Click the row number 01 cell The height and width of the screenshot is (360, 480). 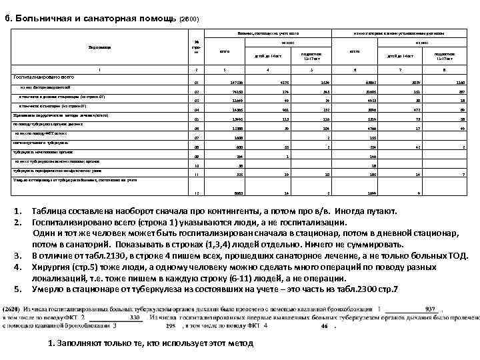point(195,83)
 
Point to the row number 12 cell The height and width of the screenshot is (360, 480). point(195,193)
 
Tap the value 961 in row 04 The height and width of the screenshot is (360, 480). point(268,109)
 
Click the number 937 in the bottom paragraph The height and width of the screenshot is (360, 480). point(431,309)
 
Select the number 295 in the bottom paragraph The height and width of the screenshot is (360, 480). point(170,327)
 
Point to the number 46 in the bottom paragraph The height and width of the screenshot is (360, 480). point(325,327)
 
